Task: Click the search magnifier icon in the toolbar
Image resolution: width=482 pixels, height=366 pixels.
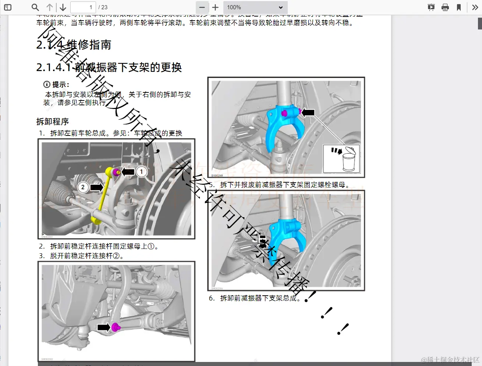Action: [35, 7]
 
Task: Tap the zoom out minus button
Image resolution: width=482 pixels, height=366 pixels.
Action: [202, 7]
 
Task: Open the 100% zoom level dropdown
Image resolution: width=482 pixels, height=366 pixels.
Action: [255, 7]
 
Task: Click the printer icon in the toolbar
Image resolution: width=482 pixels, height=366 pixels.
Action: [445, 7]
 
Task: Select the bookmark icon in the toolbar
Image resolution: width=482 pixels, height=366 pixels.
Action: [459, 7]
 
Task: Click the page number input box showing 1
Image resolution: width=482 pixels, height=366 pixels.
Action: [83, 7]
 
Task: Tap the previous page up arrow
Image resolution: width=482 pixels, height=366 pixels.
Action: [50, 7]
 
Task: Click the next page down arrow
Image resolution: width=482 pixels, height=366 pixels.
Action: [63, 7]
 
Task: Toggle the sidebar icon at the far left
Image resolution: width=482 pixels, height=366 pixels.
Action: [8, 7]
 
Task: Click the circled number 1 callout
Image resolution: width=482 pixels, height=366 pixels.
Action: [141, 172]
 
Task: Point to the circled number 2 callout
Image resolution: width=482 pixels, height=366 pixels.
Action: [83, 187]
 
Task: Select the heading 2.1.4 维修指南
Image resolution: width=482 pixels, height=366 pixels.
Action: [74, 45]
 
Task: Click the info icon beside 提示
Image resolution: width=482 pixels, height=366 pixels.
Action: [47, 84]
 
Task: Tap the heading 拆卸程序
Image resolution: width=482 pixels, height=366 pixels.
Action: [53, 122]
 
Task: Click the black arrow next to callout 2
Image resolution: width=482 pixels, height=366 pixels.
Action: [96, 187]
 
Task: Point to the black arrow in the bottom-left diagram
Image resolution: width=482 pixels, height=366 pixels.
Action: [103, 327]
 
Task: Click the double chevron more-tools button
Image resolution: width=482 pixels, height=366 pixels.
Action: [475, 7]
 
